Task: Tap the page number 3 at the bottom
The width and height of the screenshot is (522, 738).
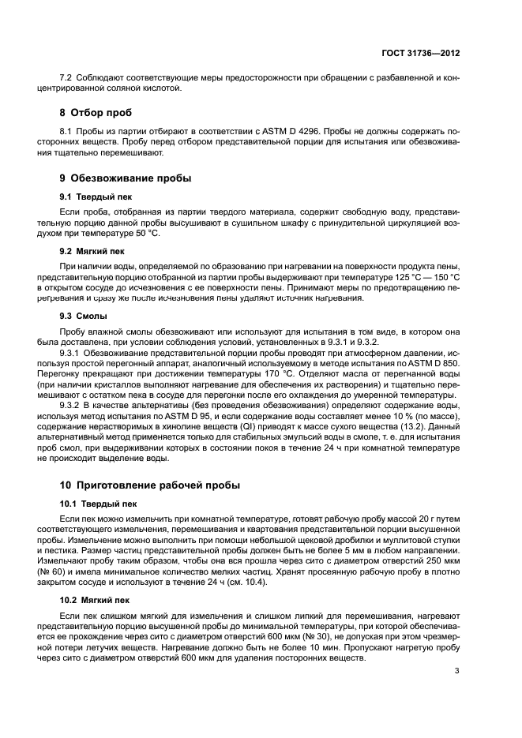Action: click(457, 672)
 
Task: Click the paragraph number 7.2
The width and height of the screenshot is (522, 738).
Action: click(67, 77)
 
